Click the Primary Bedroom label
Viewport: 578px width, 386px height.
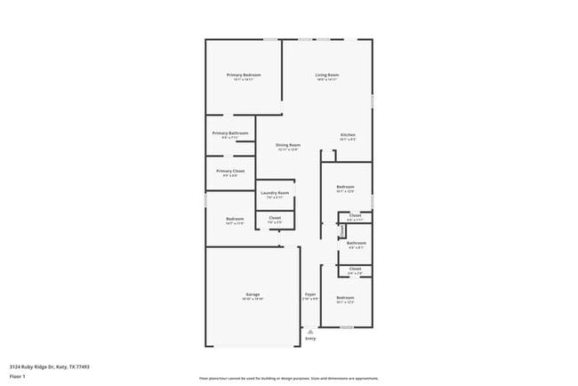243,75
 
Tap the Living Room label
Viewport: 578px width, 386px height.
327,75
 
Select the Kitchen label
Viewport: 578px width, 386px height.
348,134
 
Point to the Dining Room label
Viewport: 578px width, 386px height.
287,145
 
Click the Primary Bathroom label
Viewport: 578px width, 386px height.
229,133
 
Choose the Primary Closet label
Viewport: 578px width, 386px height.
230,171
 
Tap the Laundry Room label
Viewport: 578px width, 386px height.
275,193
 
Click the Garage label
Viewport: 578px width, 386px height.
253,294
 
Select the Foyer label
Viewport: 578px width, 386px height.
310,294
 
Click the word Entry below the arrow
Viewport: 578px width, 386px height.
310,339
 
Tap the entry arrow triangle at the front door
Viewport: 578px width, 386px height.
310,331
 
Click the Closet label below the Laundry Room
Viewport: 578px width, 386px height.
275,217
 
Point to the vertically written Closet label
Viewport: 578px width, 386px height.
342,230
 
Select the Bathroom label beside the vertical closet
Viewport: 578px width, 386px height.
357,243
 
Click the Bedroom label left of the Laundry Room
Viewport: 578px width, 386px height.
235,219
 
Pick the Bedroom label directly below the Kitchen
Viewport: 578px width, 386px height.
345,187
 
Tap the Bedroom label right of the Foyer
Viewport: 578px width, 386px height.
345,297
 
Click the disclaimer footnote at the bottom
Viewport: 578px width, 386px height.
289,378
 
